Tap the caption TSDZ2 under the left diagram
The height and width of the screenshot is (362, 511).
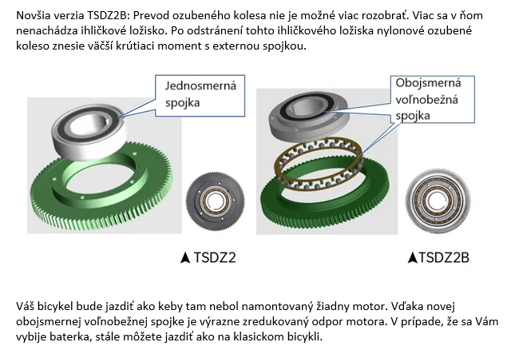tap(215, 257)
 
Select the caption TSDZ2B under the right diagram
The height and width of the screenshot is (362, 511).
tap(444, 257)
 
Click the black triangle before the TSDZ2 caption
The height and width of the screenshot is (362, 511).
tap(185, 257)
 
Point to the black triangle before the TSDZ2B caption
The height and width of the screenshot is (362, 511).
tap(413, 257)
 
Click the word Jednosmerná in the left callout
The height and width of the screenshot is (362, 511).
tap(200, 86)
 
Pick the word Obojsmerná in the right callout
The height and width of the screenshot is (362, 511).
tap(428, 83)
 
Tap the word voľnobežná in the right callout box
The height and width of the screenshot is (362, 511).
tap(426, 99)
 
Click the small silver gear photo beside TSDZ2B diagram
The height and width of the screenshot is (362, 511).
tap(438, 201)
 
